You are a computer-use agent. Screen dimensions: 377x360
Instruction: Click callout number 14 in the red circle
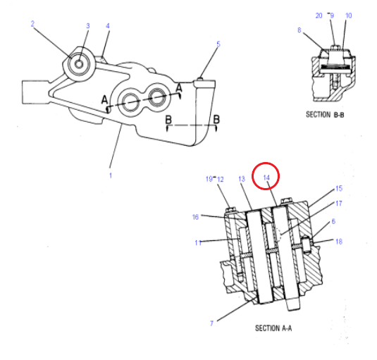(266, 178)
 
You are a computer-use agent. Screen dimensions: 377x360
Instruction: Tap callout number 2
(32, 24)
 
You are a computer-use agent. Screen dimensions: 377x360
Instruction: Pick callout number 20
(319, 15)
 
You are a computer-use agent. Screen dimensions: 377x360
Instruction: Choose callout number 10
(349, 15)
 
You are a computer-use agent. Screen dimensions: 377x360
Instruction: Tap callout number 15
(339, 188)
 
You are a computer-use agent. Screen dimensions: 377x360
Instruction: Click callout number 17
(339, 204)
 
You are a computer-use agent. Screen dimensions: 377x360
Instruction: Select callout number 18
(339, 242)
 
